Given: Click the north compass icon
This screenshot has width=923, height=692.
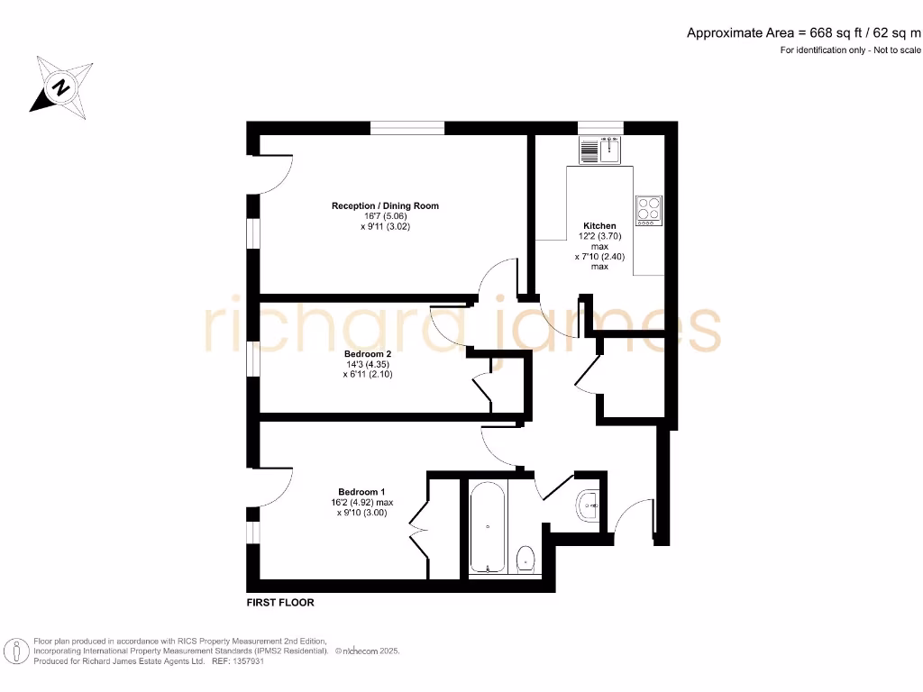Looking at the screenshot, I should pyautogui.click(x=60, y=86).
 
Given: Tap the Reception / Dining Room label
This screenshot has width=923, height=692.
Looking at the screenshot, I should pyautogui.click(x=385, y=206).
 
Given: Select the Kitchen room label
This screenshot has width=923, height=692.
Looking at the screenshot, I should pyautogui.click(x=599, y=226).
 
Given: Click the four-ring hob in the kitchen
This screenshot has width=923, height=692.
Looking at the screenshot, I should pyautogui.click(x=648, y=210).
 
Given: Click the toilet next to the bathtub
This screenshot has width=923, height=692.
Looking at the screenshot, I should pyautogui.click(x=526, y=560).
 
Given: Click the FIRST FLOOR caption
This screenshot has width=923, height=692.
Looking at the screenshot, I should pyautogui.click(x=280, y=602).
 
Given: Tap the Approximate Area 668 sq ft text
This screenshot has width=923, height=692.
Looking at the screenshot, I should pyautogui.click(x=804, y=33).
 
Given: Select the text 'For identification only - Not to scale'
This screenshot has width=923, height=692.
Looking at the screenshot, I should pyautogui.click(x=851, y=50).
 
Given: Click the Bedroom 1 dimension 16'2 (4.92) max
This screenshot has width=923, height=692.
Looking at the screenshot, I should pyautogui.click(x=361, y=503).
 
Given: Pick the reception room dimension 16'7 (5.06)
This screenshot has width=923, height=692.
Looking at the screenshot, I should pyautogui.click(x=385, y=217).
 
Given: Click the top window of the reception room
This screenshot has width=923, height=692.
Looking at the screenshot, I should pyautogui.click(x=407, y=127).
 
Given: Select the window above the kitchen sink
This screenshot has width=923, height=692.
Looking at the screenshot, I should pyautogui.click(x=600, y=127).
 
